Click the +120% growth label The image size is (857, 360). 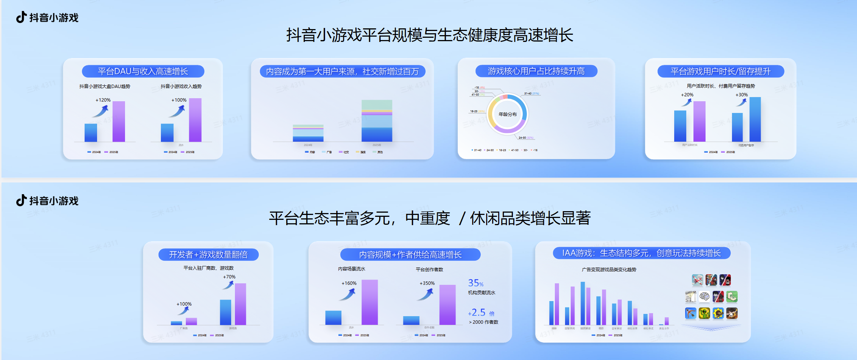click(103, 100)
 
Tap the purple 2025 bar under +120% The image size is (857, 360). click(119, 121)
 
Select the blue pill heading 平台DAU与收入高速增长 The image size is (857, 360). click(143, 71)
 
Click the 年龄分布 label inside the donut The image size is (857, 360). click(507, 114)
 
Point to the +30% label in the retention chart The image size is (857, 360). click(741, 95)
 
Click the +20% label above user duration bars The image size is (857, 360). click(687, 95)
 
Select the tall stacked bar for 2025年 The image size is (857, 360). click(377, 121)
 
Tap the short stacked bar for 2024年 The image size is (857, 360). click(308, 133)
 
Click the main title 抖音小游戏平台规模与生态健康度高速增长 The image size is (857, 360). click(429, 35)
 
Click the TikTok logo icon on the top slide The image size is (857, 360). click(21, 17)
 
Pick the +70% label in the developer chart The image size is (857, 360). click(229, 277)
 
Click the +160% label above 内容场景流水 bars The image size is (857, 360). click(349, 283)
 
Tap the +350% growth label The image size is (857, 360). click(427, 283)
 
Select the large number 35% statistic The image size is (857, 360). click(476, 283)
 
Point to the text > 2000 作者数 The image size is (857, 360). click(483, 322)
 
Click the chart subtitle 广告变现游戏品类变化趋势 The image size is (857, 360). click(609, 270)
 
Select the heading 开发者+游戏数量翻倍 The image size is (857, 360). click(208, 255)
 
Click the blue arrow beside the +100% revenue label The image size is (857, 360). click(177, 111)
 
